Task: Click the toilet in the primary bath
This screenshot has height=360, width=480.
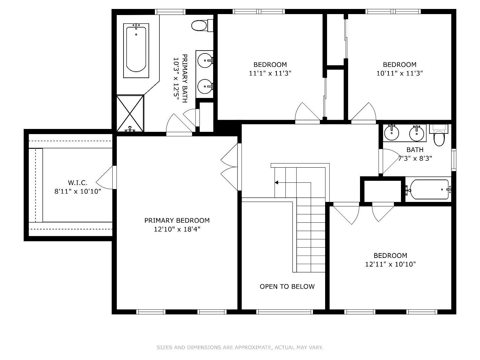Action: [x=202, y=26]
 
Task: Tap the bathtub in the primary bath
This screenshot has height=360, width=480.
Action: [x=136, y=51]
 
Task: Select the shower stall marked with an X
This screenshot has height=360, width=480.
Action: [x=130, y=113]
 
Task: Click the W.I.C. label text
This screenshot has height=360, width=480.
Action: [x=78, y=182]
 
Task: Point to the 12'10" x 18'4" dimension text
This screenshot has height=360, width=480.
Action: [x=177, y=229]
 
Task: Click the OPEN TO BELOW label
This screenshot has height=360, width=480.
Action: [x=287, y=286]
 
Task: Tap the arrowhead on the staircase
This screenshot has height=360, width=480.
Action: [x=276, y=182]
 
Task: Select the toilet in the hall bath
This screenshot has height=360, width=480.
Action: [x=439, y=135]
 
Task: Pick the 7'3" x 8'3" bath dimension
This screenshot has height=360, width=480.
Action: [x=415, y=158]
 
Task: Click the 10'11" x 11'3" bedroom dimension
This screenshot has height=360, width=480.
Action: [x=400, y=73]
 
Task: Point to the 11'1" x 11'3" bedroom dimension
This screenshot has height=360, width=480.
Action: [x=270, y=73]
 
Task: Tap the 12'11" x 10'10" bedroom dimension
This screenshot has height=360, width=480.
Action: [x=390, y=264]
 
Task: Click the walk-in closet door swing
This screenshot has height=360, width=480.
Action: [x=105, y=178]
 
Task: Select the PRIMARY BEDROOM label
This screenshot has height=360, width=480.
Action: [x=177, y=220]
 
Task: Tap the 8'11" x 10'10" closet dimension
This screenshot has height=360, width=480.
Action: [x=78, y=191]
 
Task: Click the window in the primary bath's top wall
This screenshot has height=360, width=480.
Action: [x=170, y=12]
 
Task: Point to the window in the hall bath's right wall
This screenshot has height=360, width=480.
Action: [x=454, y=160]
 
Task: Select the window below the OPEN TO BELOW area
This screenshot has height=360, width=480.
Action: [x=284, y=312]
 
